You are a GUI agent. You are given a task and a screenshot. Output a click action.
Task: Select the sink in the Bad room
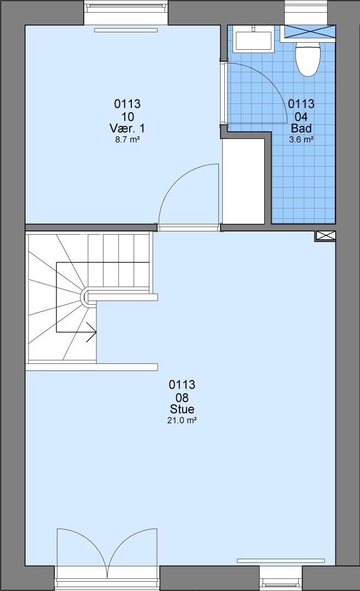pos(253,40)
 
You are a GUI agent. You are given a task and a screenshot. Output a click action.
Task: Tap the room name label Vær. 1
pos(127,128)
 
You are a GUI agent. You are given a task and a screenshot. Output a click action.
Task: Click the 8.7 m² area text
pos(127,140)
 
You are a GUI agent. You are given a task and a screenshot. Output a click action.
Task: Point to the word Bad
pos(301,128)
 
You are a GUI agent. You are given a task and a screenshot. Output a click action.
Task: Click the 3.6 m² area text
pos(301,140)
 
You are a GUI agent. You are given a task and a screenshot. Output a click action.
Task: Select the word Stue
pos(182,409)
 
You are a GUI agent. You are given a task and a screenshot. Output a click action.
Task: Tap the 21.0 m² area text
pos(182,420)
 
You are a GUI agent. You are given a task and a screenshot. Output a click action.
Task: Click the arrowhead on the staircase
pos(92,332)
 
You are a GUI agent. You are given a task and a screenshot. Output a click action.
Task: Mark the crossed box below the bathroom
pos(325,236)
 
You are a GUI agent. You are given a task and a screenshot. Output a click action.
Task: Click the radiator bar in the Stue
pos(281,560)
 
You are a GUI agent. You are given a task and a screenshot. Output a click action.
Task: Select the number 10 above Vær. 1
pos(127,117)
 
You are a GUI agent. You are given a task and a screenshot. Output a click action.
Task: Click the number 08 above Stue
pos(182,398)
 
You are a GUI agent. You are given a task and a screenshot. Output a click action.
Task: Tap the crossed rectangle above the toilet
pos(309,31)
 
